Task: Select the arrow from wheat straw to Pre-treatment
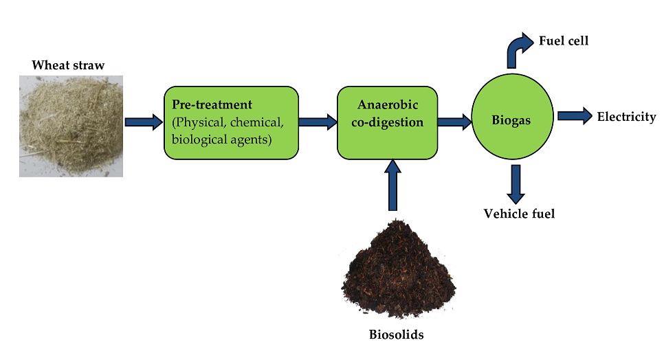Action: (143, 122)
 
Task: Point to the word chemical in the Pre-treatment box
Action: (258, 123)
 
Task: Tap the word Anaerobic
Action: (387, 104)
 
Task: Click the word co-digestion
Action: (387, 122)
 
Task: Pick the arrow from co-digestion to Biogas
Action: (454, 122)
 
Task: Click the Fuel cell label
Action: (564, 41)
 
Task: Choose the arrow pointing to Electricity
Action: (575, 116)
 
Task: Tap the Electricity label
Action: (626, 117)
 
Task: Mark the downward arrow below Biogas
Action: (518, 182)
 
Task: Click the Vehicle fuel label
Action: (519, 214)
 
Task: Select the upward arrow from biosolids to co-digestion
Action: (392, 185)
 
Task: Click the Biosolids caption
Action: (397, 335)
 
